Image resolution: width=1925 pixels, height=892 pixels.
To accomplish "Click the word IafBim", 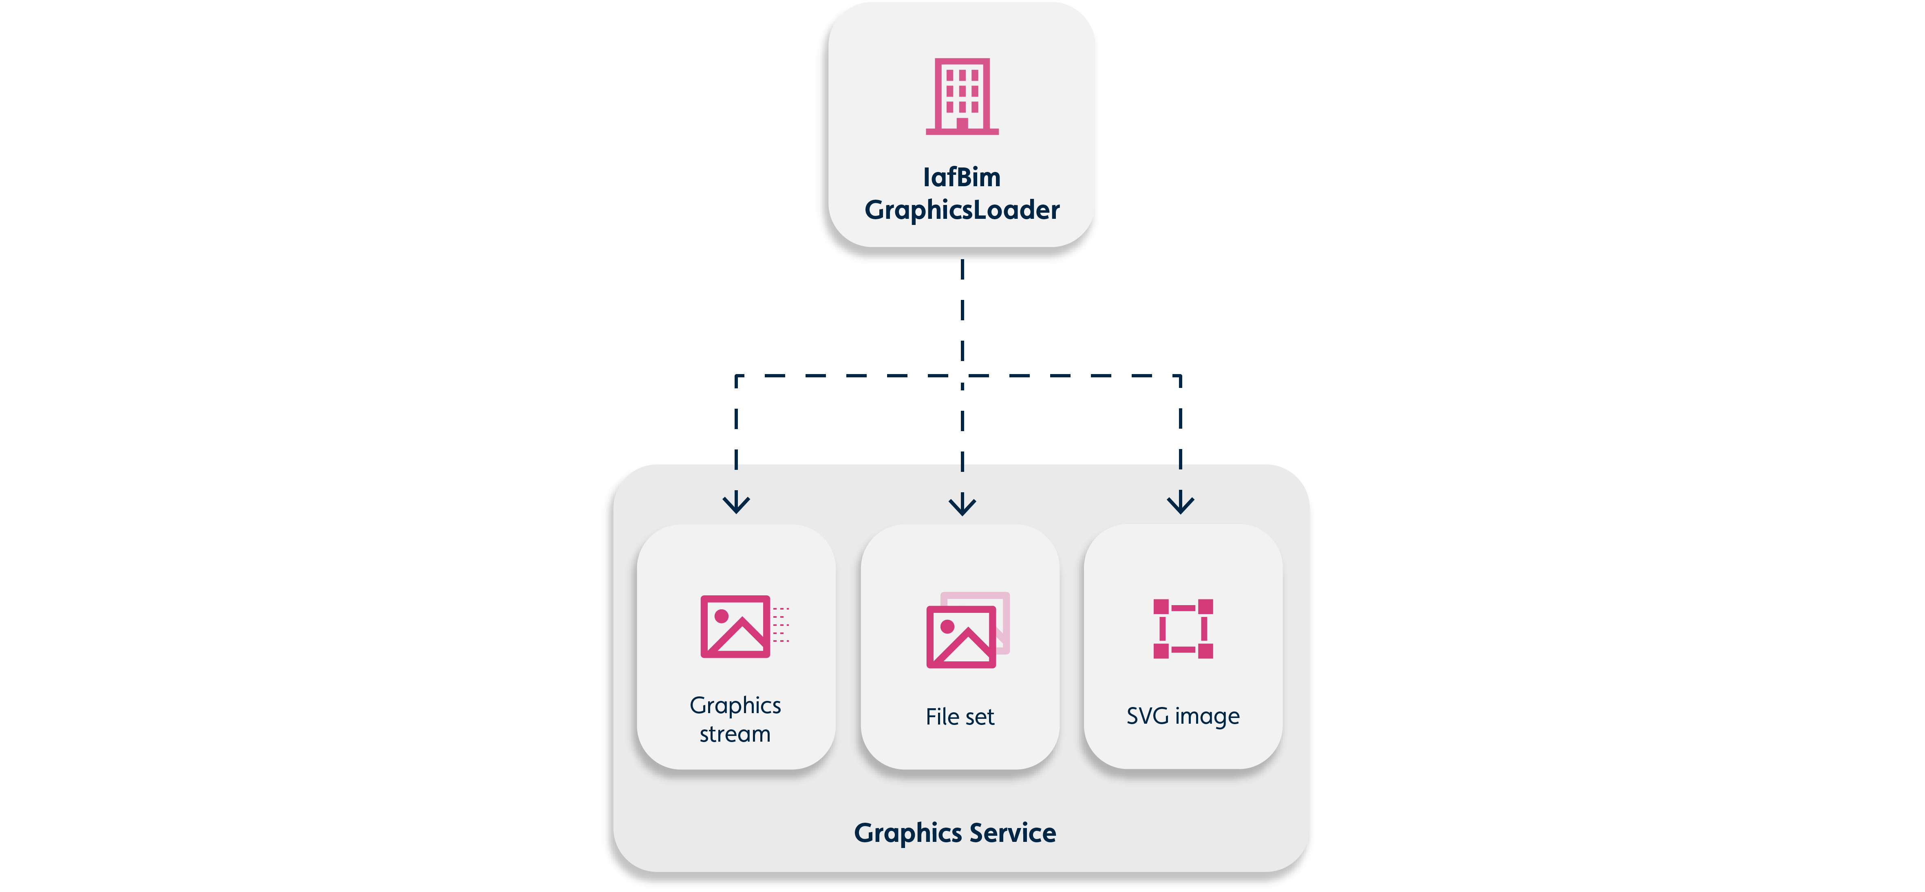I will pos(962,177).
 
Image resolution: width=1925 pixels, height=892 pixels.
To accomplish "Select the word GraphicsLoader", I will pos(962,210).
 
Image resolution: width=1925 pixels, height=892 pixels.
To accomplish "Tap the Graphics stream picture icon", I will pos(736,626).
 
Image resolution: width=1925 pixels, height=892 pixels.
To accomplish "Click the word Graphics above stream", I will pos(735,705).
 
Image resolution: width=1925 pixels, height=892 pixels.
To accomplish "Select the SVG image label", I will pos(1183,716).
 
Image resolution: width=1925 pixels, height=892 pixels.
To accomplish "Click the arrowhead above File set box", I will pos(962,505).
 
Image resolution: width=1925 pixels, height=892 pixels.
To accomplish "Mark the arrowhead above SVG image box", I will pos(1180,504).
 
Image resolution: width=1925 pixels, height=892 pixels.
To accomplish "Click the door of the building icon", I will pos(962,123).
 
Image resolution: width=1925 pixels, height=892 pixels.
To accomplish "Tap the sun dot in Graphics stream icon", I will pos(721,616).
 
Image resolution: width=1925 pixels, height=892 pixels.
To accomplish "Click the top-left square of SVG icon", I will pos(1161,606).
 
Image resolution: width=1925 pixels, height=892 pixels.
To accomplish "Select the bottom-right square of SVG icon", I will pos(1205,651).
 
